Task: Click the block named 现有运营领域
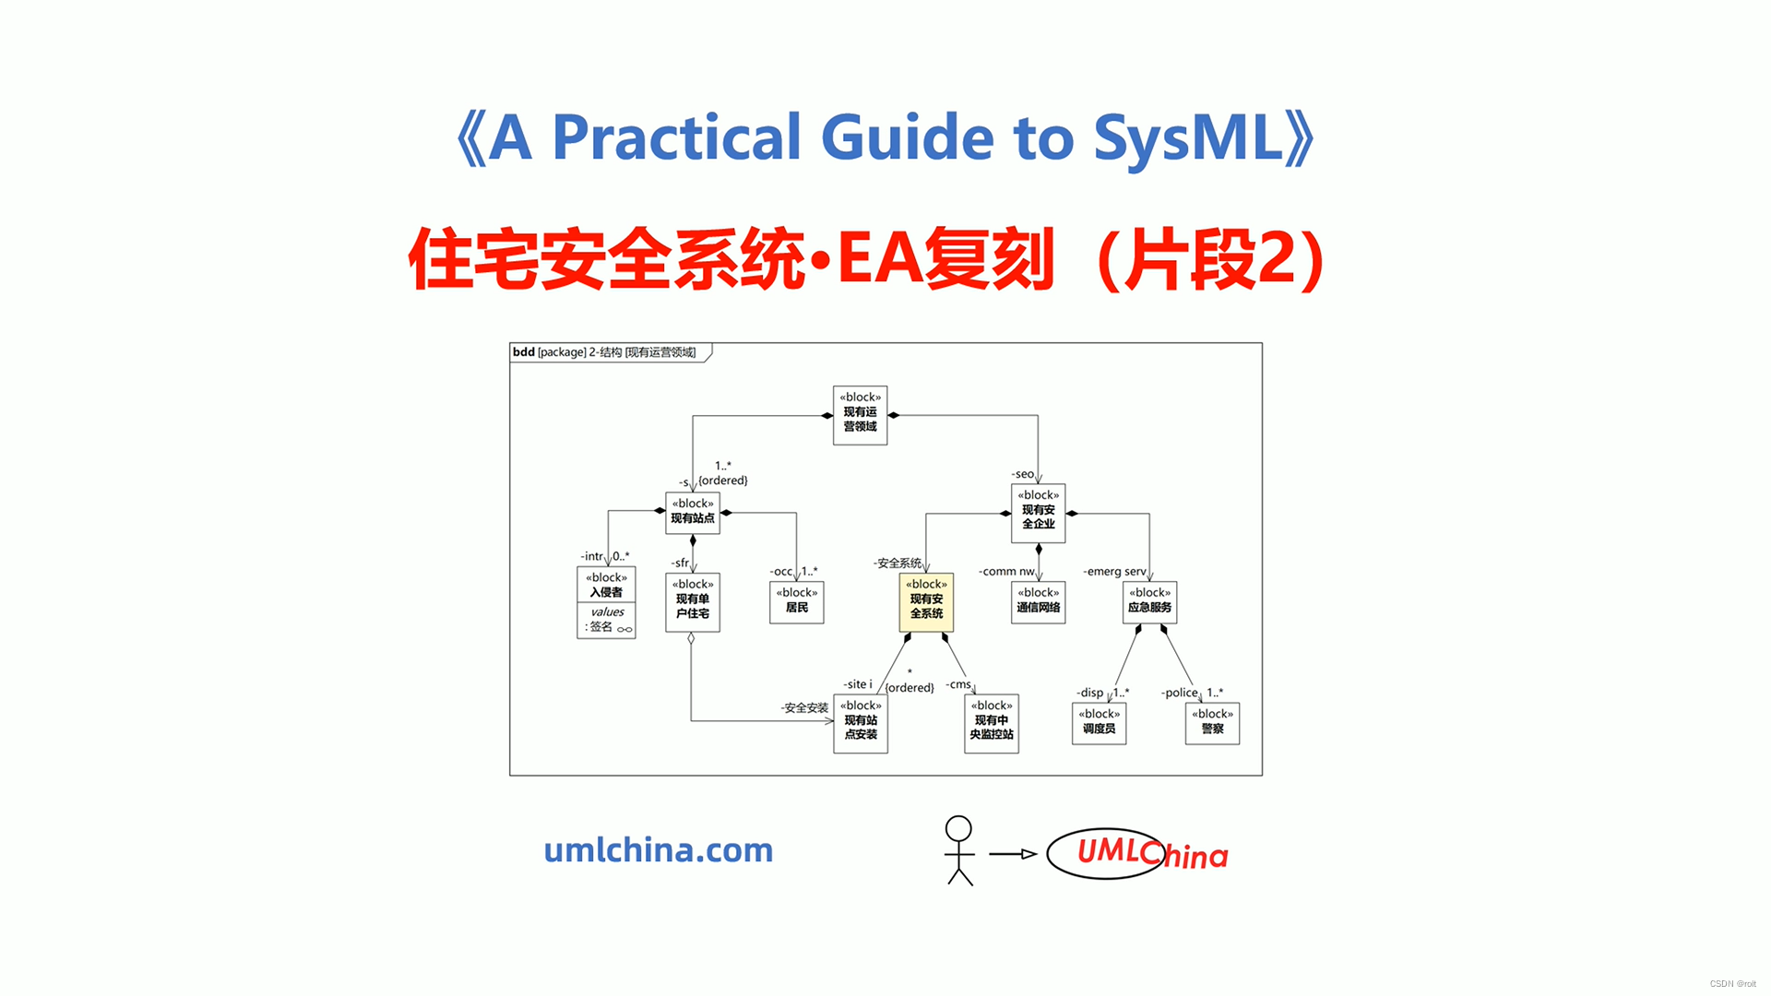pos(860,415)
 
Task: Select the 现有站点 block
pos(693,512)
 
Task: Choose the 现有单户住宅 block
pos(693,602)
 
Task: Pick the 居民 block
pos(797,601)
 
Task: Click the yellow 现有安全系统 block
pos(926,601)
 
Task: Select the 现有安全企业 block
pos(1038,513)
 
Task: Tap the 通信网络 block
pos(1038,601)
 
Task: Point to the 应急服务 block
pos(1149,601)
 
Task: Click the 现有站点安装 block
pos(861,723)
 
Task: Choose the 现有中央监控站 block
pos(992,723)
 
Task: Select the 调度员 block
pos(1099,723)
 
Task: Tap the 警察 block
pos(1212,723)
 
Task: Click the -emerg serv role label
pos(1114,572)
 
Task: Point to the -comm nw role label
pos(1006,572)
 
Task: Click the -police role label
pos(1179,693)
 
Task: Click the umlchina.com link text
pos(659,850)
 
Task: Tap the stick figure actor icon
pos(959,850)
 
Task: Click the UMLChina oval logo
pos(1107,853)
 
